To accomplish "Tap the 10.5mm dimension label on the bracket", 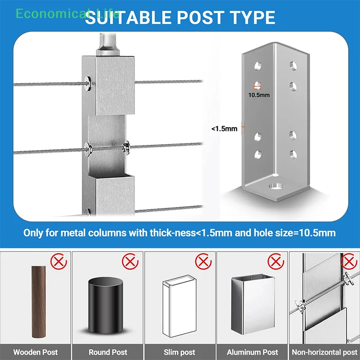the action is click(259, 95).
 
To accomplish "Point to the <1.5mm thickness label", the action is click(224, 129).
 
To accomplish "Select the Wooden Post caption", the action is click(36, 352).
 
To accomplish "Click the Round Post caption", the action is click(108, 352).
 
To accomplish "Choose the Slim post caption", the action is click(180, 352).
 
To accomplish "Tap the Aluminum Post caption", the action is click(252, 352).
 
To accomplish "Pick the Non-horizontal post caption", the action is click(324, 352).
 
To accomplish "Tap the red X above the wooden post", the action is click(58, 261).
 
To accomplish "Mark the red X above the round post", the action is click(130, 261).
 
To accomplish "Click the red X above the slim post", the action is click(203, 261).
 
